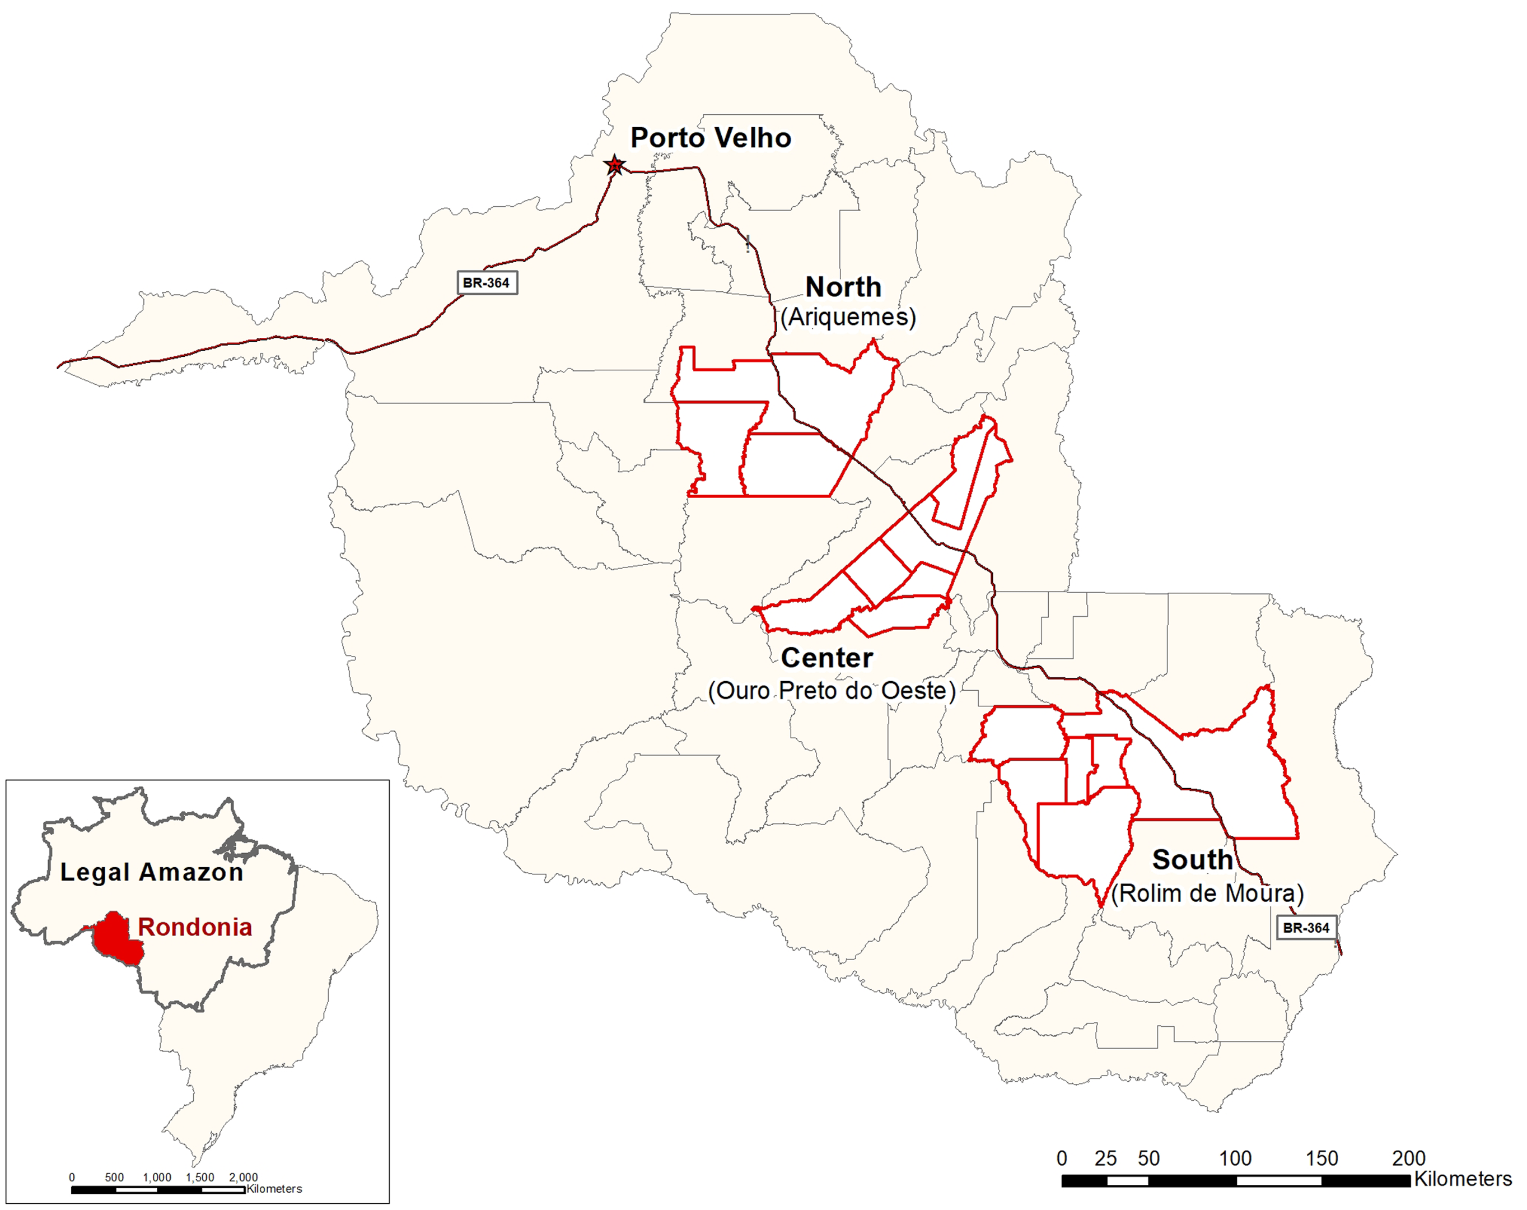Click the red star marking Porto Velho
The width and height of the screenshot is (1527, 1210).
(x=615, y=166)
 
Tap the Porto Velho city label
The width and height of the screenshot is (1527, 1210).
(x=711, y=138)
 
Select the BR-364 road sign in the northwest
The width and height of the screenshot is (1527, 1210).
(x=487, y=283)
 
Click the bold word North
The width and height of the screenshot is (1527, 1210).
(x=843, y=287)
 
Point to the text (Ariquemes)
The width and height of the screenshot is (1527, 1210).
(x=848, y=317)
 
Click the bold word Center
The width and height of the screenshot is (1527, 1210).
(x=826, y=658)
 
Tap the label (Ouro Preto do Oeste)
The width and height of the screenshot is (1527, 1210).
(x=832, y=691)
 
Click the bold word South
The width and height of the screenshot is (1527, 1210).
(x=1192, y=860)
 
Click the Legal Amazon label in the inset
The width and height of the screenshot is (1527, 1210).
(x=152, y=872)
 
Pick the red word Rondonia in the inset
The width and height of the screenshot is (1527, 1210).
(x=195, y=927)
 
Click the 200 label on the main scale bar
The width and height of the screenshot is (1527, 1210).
(x=1408, y=1159)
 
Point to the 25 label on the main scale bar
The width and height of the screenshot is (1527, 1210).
(x=1105, y=1159)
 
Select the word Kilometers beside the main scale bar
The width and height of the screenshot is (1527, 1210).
(x=1463, y=1180)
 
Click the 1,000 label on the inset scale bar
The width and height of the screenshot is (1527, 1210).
(x=157, y=1178)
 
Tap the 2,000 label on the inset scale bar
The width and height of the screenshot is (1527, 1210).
(x=243, y=1178)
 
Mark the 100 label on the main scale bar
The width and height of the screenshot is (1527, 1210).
(x=1235, y=1159)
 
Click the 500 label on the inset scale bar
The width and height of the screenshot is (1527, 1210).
(x=114, y=1178)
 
